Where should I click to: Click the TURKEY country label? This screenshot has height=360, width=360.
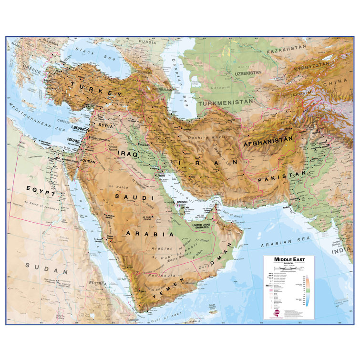point(94,89)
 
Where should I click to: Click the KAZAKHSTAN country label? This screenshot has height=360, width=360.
point(286,49)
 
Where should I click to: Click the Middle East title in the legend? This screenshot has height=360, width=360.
point(288,259)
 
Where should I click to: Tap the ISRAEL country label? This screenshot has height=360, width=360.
point(74,141)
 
